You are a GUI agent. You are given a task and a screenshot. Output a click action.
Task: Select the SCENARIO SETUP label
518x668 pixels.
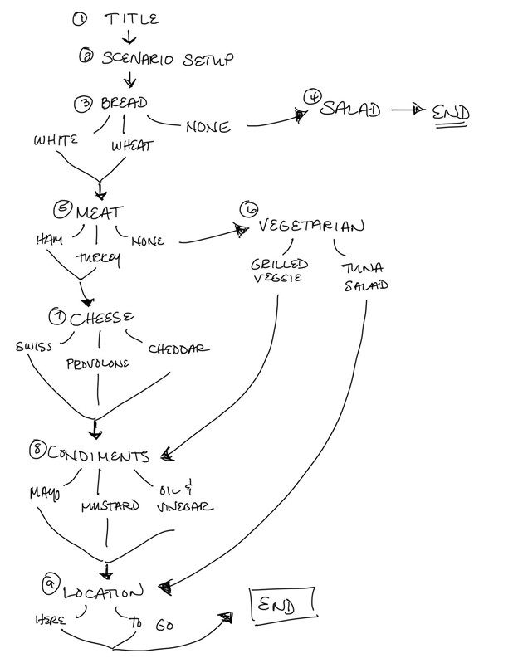point(166,59)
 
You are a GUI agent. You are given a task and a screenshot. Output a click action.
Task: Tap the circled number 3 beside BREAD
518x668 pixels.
point(82,104)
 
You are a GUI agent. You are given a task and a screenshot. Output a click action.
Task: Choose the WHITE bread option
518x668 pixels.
point(56,140)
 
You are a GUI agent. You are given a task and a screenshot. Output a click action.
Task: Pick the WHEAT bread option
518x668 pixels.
point(131,146)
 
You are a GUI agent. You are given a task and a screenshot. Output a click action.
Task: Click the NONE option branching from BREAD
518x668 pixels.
point(208,127)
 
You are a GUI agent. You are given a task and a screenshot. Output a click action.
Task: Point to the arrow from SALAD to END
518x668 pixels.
point(406,110)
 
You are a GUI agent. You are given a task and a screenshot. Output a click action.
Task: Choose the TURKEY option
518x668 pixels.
point(98,258)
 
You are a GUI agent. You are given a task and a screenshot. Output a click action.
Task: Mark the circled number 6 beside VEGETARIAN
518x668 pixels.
point(247,209)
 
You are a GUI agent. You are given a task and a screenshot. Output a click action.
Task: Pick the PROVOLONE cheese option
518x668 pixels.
point(97,363)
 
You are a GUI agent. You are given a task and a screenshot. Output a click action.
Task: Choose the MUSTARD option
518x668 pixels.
point(110,506)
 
